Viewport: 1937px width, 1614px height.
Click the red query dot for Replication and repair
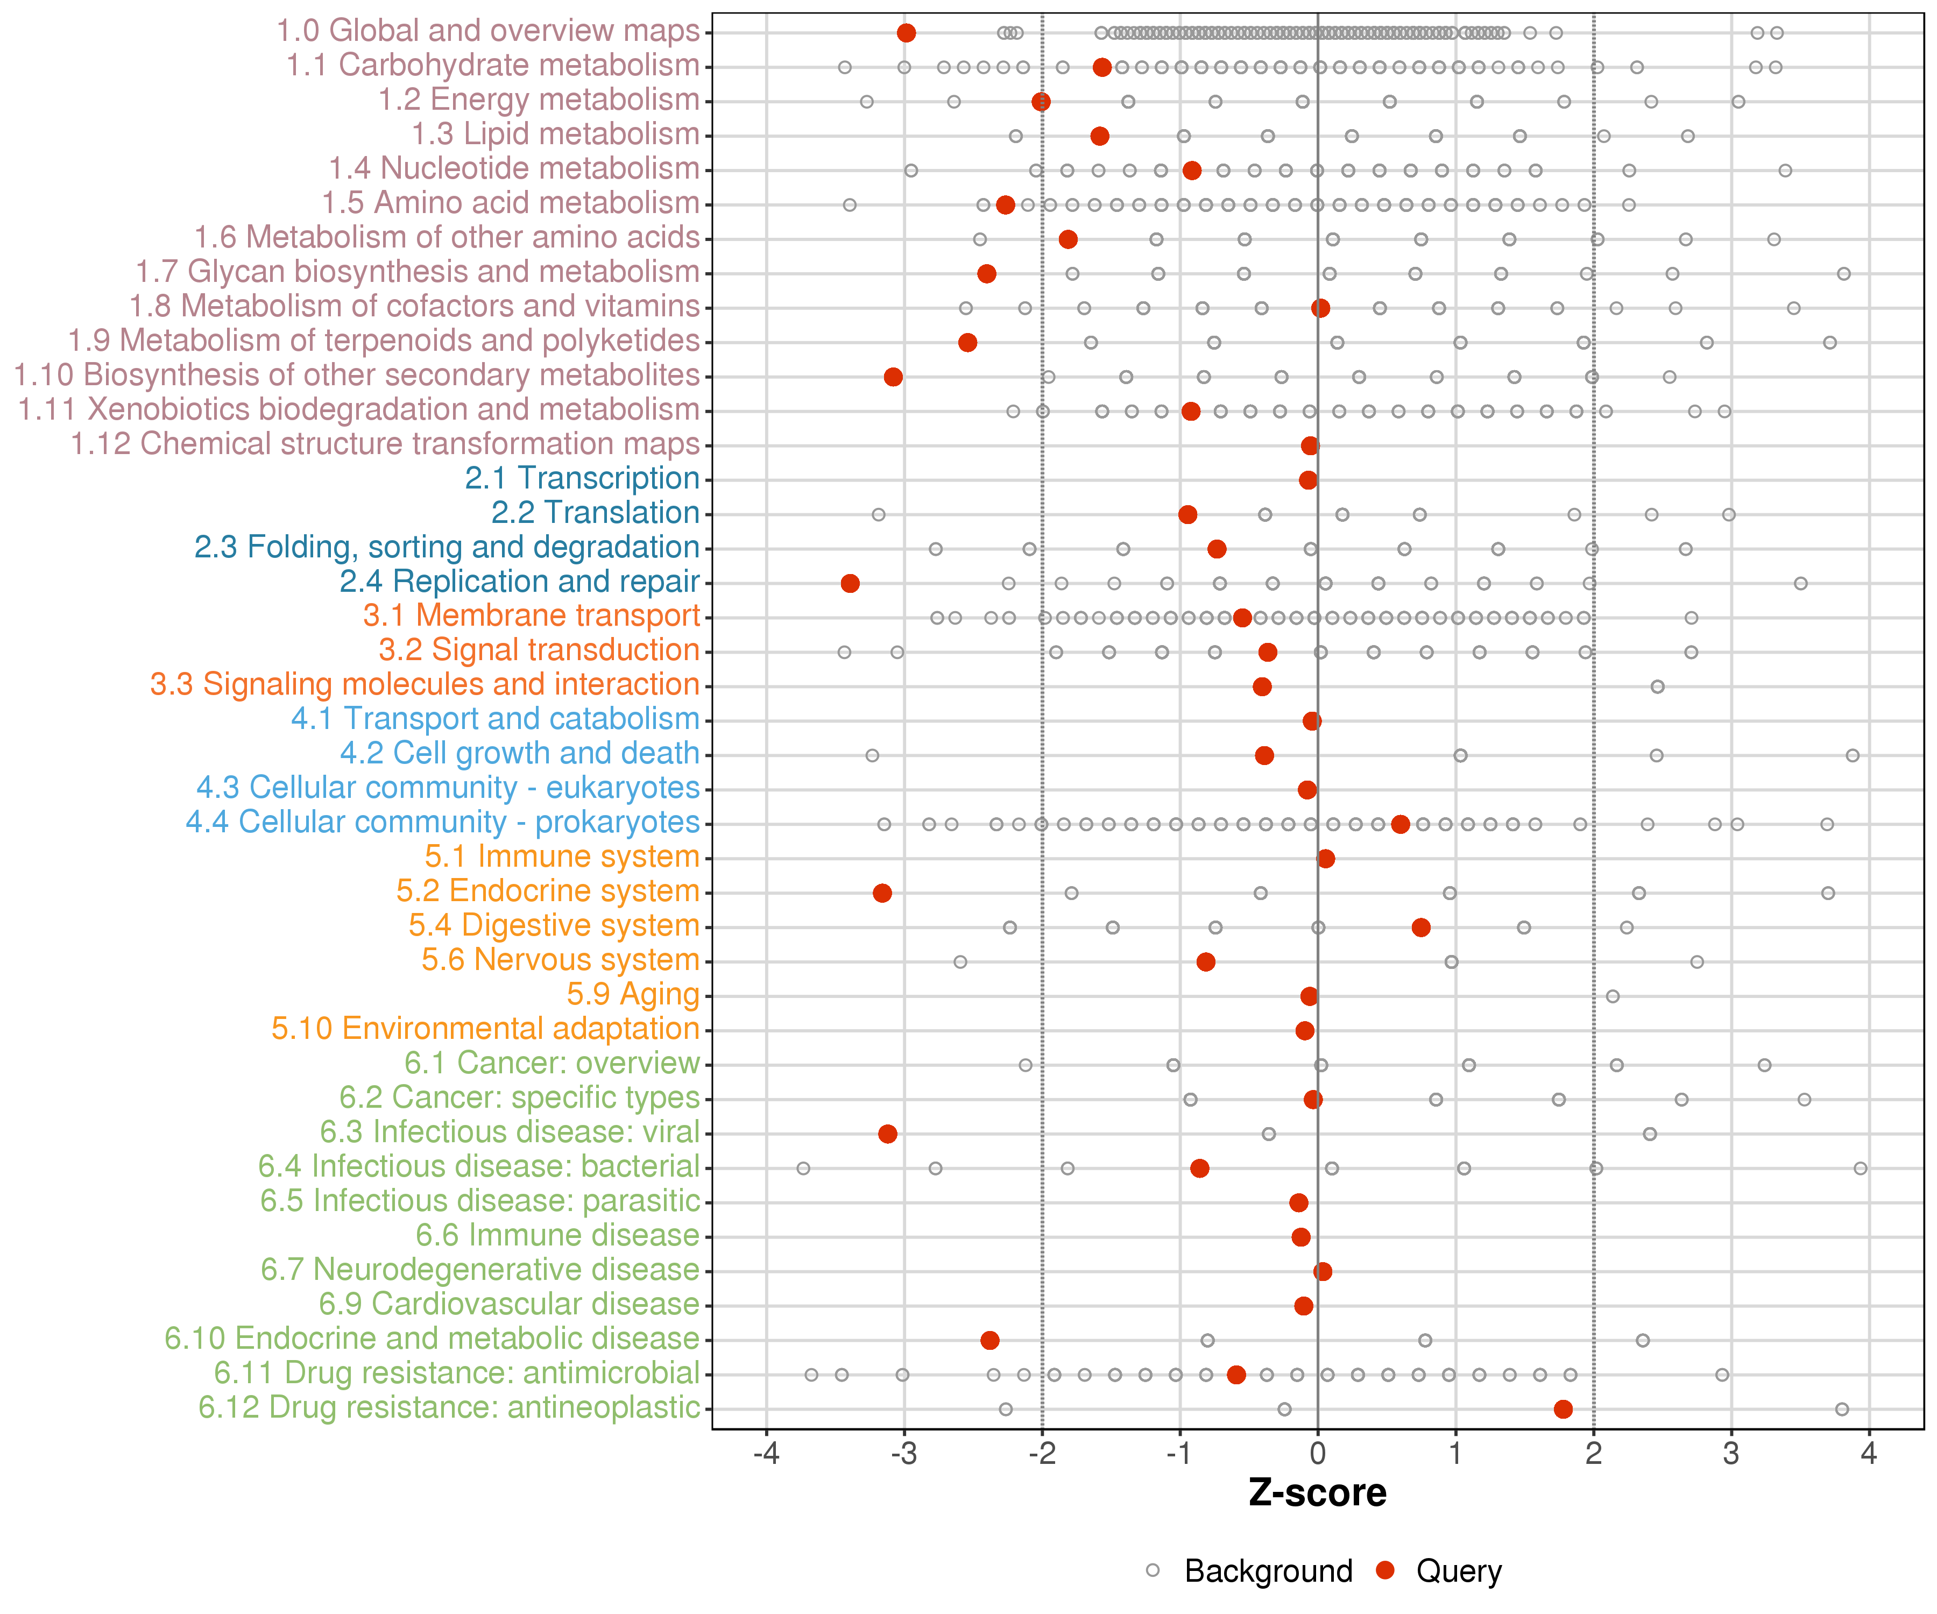pyautogui.click(x=851, y=583)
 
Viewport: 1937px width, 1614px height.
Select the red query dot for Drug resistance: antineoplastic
pyautogui.click(x=1563, y=1408)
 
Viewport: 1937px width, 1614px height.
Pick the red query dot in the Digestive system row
pyautogui.click(x=1422, y=927)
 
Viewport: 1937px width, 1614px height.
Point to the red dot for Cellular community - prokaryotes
pyautogui.click(x=1400, y=824)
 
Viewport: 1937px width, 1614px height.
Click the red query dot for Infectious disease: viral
pyautogui.click(x=887, y=1134)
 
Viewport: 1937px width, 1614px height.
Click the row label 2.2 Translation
pyautogui.click(x=595, y=513)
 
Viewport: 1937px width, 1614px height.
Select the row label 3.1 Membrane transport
pyautogui.click(x=531, y=616)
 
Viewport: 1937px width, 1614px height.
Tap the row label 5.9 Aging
pyautogui.click(x=633, y=994)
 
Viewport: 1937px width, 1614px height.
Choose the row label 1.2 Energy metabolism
pyautogui.click(x=539, y=100)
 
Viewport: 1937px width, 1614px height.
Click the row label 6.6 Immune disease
pyautogui.click(x=557, y=1235)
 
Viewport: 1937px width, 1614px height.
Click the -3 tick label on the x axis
pyautogui.click(x=904, y=1454)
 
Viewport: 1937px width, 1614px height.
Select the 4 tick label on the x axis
pyautogui.click(x=1869, y=1454)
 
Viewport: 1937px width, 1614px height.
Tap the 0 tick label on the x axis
pyautogui.click(x=1317, y=1454)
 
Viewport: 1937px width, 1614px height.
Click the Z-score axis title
pyautogui.click(x=1317, y=1493)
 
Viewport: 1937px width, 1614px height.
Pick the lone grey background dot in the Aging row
pyautogui.click(x=1613, y=996)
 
